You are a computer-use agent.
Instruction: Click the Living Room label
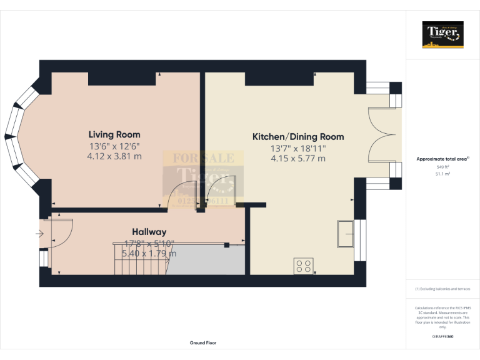point(114,134)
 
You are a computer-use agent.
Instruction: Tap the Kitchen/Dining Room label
point(297,137)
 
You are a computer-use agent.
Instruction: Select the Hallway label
point(149,232)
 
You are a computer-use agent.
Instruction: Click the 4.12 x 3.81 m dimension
point(114,156)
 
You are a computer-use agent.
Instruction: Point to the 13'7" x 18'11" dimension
point(297,148)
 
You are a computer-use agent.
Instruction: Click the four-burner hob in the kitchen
point(304,266)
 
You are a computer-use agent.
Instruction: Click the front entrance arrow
point(39,234)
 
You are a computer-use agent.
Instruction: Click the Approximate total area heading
point(442,159)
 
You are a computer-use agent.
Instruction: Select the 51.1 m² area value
point(442,174)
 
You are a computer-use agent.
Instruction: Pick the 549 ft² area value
point(442,167)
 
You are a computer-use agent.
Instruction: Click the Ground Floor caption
point(203,343)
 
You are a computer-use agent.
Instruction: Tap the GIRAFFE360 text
point(442,337)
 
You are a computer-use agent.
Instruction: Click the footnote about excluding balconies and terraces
point(442,289)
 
